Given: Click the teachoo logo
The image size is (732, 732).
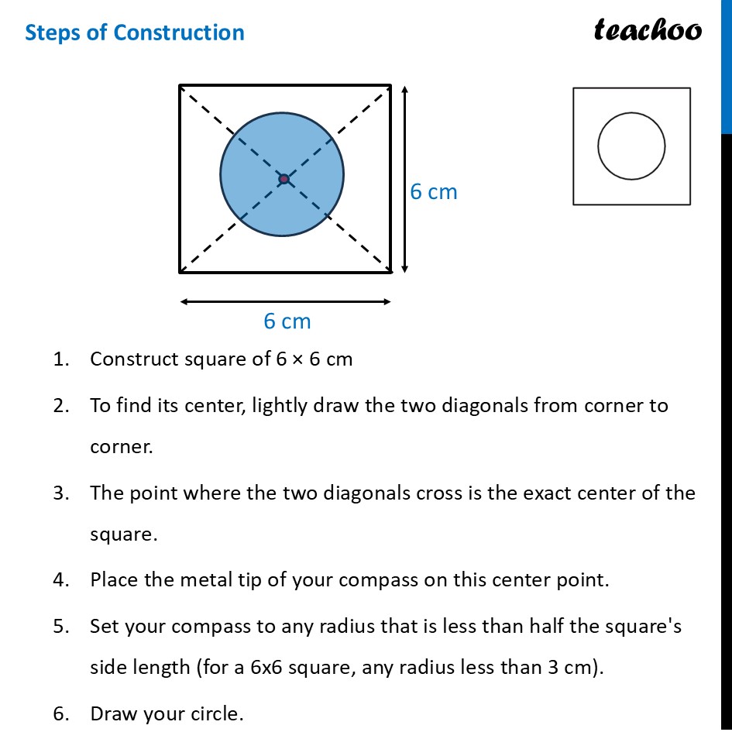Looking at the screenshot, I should point(648,30).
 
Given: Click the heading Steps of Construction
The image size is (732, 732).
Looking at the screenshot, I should point(135,33).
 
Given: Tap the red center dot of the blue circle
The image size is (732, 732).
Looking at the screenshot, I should point(284,179).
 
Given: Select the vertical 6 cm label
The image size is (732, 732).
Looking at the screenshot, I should point(434,192).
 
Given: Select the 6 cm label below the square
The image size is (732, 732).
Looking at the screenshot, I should point(287,321).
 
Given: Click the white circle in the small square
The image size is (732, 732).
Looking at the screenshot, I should point(631,146).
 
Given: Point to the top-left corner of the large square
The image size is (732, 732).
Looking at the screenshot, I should point(180,85).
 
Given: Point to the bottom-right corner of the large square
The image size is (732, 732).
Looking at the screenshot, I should point(390,272).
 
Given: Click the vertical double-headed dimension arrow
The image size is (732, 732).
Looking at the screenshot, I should point(404,178).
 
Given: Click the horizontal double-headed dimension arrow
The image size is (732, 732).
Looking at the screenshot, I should point(285,302).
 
